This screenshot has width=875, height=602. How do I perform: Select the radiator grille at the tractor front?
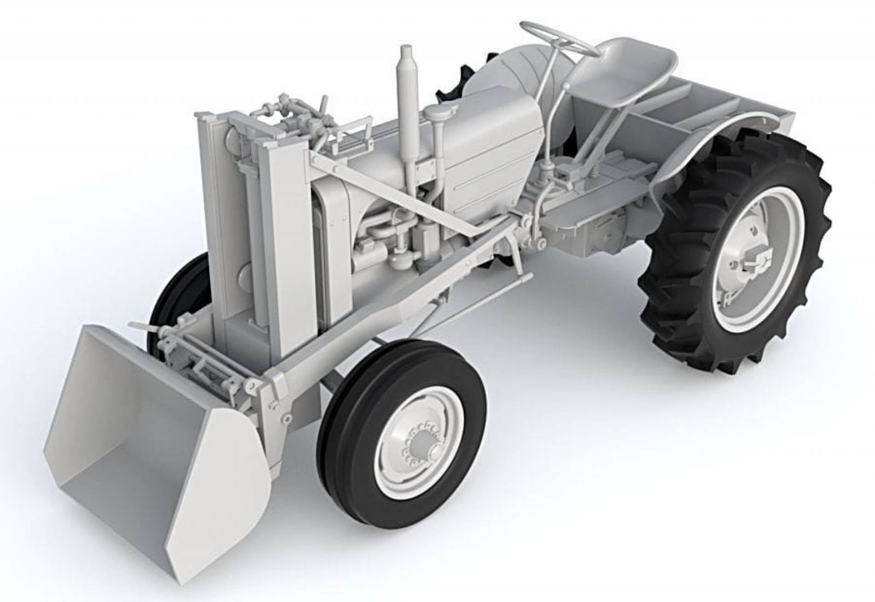pyautogui.click(x=328, y=240)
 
